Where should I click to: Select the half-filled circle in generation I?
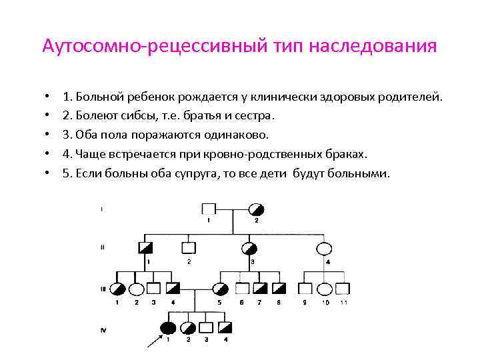tap(255, 208)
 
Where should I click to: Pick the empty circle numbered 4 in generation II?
tap(324, 249)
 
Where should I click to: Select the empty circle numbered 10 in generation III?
tap(324, 289)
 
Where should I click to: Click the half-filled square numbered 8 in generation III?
tap(279, 289)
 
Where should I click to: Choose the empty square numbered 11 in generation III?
tap(343, 289)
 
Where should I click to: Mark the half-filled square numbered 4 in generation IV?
tap(226, 328)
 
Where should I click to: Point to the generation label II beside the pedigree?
tap(101, 247)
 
